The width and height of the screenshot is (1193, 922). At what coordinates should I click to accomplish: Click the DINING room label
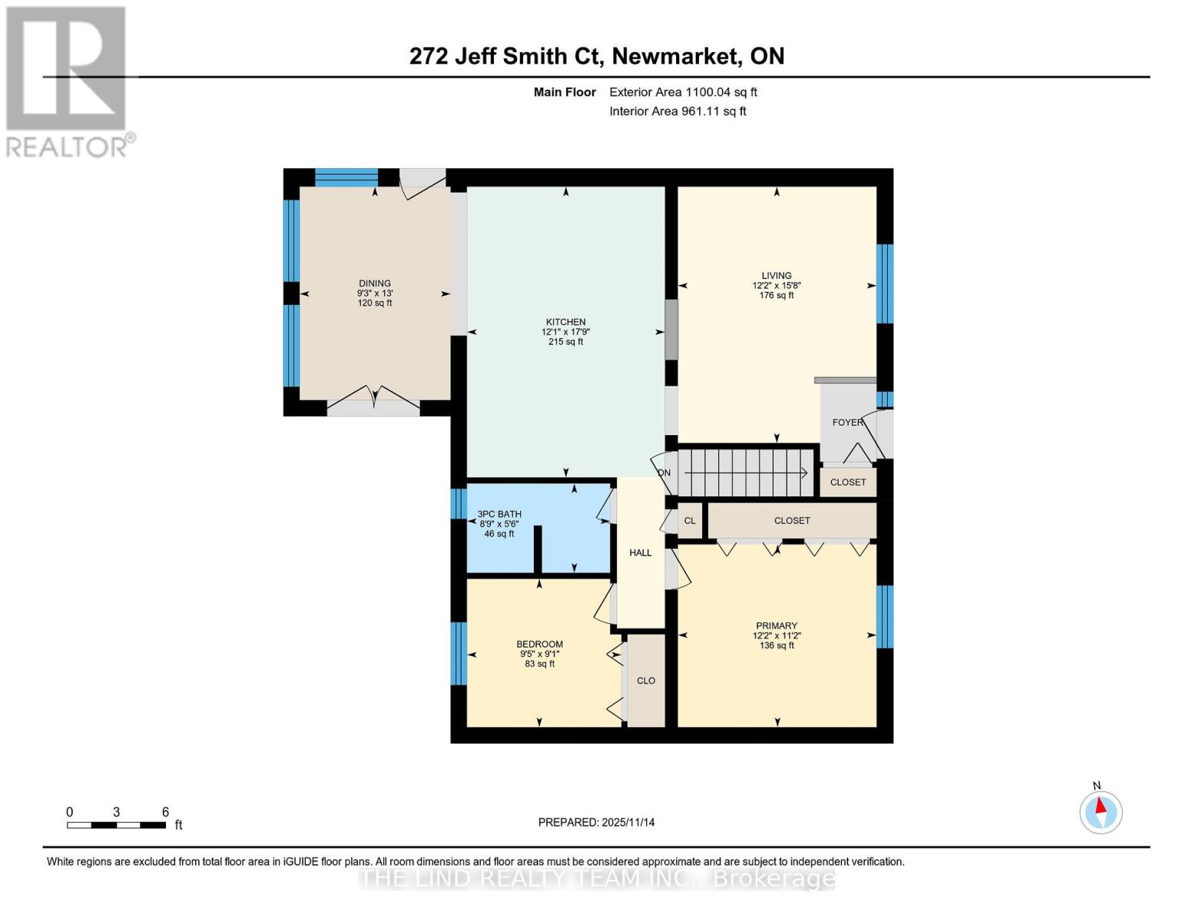click(374, 284)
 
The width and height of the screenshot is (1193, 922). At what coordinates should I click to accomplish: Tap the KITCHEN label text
click(565, 322)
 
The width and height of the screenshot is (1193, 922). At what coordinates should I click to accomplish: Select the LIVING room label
click(776, 275)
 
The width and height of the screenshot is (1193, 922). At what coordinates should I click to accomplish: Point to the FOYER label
click(847, 422)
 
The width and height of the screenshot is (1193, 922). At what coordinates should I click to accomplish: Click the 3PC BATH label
click(499, 514)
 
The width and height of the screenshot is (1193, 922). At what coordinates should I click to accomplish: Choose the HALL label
click(640, 552)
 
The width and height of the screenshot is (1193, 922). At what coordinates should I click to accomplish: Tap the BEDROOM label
click(539, 644)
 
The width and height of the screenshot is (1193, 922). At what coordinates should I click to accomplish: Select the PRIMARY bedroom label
click(776, 625)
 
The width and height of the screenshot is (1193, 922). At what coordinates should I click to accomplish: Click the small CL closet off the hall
click(690, 520)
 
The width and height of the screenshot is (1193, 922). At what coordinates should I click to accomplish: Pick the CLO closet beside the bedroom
click(646, 680)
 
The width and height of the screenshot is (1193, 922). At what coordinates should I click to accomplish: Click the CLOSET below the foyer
click(848, 482)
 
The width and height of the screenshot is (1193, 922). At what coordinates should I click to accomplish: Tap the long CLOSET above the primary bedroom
click(792, 520)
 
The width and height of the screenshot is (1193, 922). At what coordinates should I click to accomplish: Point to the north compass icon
click(1101, 811)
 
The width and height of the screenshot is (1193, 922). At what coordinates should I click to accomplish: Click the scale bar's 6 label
click(165, 812)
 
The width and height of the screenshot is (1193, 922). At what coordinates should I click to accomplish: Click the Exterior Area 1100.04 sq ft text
click(683, 92)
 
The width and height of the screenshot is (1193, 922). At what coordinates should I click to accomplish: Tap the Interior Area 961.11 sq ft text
click(678, 111)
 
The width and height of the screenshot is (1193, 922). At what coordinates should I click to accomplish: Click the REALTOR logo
click(68, 81)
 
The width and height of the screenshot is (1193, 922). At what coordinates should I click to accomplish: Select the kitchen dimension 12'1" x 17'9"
click(565, 332)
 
